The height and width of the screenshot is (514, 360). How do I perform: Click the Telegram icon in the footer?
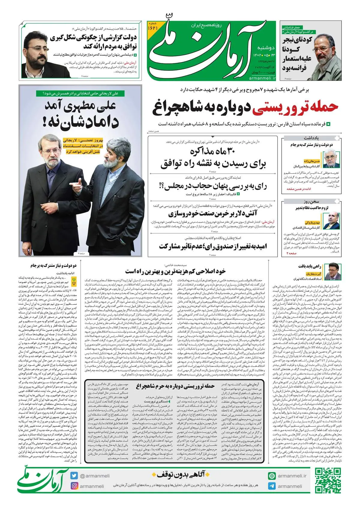tap(272, 486)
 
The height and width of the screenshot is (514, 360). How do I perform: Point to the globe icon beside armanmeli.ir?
tap(272, 476)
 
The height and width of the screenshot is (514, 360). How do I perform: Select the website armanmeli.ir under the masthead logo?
tap(262, 78)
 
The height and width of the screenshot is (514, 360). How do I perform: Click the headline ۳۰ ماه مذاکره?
tap(214, 151)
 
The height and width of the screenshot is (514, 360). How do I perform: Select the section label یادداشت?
tap(311, 138)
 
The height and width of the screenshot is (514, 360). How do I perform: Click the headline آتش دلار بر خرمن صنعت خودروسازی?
tap(213, 214)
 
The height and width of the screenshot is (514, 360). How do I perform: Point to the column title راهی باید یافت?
tap(310, 266)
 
